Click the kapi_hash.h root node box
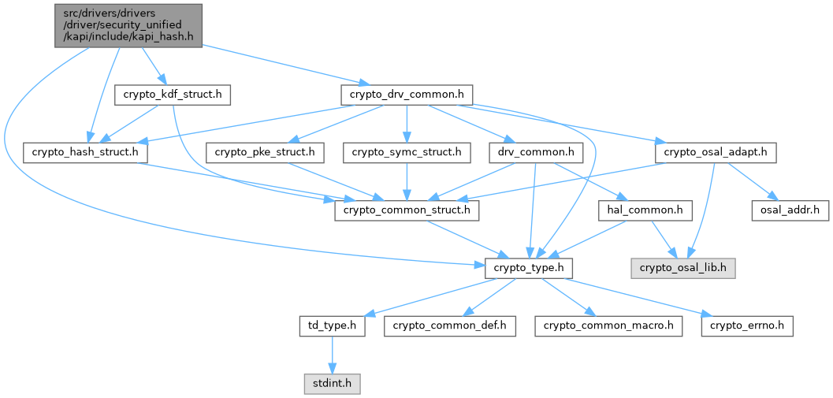128,25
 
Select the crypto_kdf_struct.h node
173,95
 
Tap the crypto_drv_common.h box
406,95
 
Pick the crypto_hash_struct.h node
86,152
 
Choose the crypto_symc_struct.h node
407,152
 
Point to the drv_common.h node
536,152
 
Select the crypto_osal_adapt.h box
716,152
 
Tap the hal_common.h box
646,210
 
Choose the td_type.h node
332,325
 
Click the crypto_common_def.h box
450,325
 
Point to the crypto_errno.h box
747,325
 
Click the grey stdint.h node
332,384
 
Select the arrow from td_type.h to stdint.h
332,355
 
